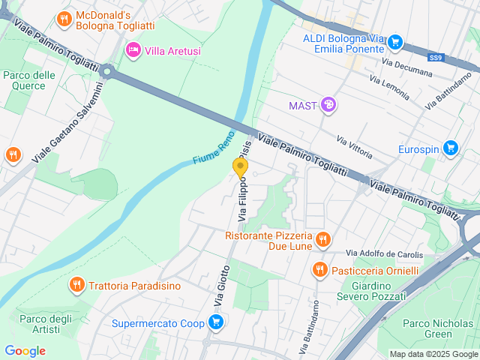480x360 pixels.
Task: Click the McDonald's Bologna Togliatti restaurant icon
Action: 64,19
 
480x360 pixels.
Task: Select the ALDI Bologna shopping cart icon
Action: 397,43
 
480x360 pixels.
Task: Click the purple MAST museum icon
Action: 328,105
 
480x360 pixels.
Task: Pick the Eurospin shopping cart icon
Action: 450,148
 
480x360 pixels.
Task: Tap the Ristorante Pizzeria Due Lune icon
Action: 323,240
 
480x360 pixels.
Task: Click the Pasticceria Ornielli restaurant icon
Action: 320,269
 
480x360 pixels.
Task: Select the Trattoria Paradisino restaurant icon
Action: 76,285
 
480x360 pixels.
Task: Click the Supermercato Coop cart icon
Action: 216,323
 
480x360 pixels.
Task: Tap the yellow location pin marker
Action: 241,168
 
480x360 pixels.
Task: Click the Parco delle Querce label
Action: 29,80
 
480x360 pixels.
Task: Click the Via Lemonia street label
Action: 389,88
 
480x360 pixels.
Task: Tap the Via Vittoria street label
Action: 355,147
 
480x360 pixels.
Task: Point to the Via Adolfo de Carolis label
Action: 382,253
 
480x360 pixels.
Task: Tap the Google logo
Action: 25,351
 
